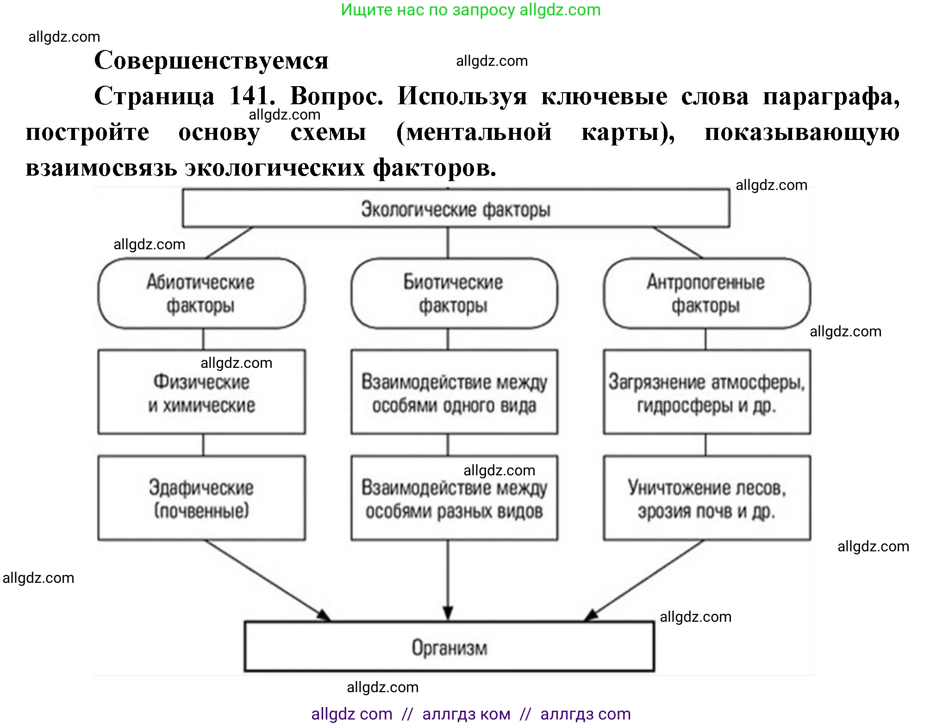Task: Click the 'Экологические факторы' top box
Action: click(x=456, y=208)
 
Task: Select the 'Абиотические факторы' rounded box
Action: click(x=201, y=294)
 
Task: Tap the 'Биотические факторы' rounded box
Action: click(x=454, y=294)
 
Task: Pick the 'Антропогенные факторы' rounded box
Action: click(x=706, y=294)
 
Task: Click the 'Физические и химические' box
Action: click(x=201, y=392)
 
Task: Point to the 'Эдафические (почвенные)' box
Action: click(x=201, y=498)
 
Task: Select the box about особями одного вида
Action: click(x=454, y=392)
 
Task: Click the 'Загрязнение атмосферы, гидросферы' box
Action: click(x=706, y=392)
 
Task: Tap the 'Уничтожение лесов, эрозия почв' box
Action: click(x=706, y=498)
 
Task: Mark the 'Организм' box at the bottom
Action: click(x=449, y=647)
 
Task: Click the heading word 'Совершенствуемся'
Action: click(x=211, y=61)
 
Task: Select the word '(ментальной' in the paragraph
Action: click(x=474, y=133)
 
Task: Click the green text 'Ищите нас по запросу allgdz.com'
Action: click(x=470, y=10)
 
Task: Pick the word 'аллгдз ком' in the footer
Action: click(x=466, y=714)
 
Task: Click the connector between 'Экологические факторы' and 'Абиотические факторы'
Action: click(x=230, y=242)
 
